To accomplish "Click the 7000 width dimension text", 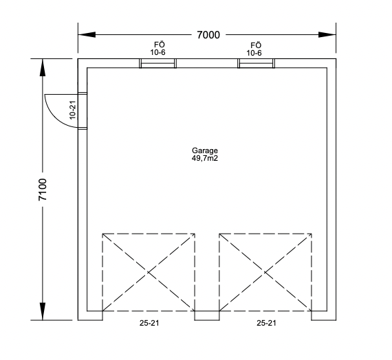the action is point(208,35).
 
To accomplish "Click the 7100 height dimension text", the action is point(43,190).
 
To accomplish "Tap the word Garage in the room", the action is point(205,150).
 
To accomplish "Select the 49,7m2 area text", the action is point(205,158).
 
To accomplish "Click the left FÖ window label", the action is point(160,45).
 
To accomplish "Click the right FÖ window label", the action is point(256,45).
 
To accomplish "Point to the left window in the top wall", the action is point(157,63).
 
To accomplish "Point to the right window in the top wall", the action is point(257,63).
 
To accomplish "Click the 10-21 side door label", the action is point(72,110).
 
